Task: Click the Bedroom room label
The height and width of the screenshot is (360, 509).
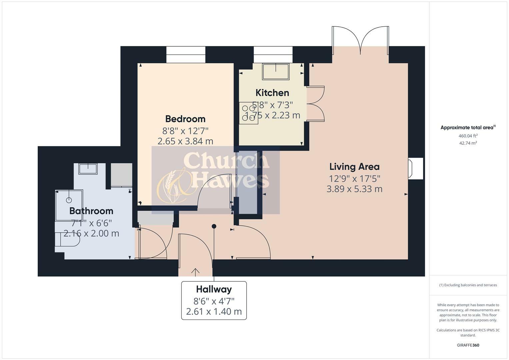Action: pyautogui.click(x=185, y=119)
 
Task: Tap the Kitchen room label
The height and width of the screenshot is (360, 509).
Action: pyautogui.click(x=272, y=93)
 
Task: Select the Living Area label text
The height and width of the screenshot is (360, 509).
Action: pyautogui.click(x=354, y=167)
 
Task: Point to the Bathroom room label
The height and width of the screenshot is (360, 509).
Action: pyautogui.click(x=91, y=211)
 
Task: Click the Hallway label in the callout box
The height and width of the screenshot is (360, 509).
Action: pyautogui.click(x=214, y=289)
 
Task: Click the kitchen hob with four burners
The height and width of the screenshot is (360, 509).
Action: pyautogui.click(x=248, y=113)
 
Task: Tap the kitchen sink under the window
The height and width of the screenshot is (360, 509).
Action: pyautogui.click(x=276, y=71)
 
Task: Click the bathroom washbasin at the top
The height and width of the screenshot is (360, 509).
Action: pyautogui.click(x=88, y=169)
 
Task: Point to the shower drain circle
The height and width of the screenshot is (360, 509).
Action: pyautogui.click(x=69, y=200)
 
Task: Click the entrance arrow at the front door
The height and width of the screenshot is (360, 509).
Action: pyautogui.click(x=195, y=272)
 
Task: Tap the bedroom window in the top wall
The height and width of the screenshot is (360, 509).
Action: pyautogui.click(x=186, y=55)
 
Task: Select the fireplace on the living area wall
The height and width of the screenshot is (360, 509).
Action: pyautogui.click(x=416, y=169)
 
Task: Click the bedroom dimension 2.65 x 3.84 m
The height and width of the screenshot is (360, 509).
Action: pyautogui.click(x=185, y=141)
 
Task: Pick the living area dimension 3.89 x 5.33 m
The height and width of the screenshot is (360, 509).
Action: pyautogui.click(x=354, y=189)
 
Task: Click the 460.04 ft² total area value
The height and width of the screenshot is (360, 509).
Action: pyautogui.click(x=468, y=136)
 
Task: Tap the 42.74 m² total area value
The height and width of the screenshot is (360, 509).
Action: pyautogui.click(x=468, y=143)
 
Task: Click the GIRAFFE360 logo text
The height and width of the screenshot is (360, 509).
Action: pyautogui.click(x=468, y=345)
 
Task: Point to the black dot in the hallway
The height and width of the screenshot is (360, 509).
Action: pyautogui.click(x=214, y=226)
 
